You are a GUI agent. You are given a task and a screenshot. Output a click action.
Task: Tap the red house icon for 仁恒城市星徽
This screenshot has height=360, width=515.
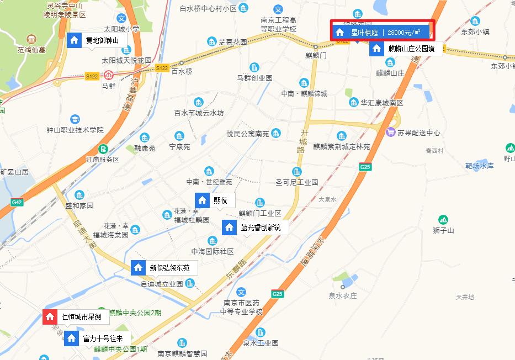pos(50,317)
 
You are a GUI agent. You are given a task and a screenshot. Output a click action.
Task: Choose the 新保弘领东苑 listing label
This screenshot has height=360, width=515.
pos(169,268)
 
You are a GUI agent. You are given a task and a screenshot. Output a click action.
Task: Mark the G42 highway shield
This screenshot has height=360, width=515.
pos(17,203)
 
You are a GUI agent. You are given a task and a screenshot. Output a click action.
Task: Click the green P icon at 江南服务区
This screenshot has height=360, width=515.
pos(103,149)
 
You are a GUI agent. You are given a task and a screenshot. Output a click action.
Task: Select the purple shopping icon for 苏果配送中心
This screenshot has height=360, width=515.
pos(391,132)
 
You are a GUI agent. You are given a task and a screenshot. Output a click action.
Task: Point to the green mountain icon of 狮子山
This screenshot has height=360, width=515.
pos(443,220)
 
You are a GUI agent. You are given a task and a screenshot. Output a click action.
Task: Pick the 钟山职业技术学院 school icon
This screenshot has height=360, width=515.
pos(75,119)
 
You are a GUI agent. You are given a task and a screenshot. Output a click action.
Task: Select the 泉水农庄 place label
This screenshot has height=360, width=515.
pos(343,295)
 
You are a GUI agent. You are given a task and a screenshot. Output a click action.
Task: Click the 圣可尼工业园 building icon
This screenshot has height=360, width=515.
pos(297,171)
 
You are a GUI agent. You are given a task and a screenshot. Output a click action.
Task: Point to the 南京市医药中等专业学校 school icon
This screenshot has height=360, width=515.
pos(240,291)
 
